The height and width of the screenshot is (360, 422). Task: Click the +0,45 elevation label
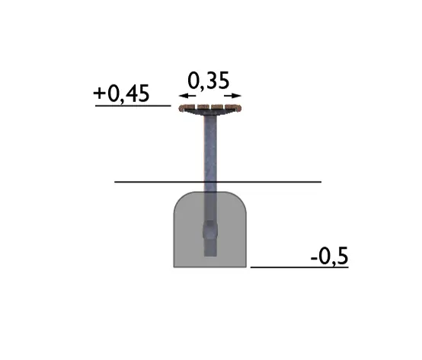121,94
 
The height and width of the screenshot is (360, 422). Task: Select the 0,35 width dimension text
208,81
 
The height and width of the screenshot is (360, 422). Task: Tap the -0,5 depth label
329,256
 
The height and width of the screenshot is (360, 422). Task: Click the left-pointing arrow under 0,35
187,96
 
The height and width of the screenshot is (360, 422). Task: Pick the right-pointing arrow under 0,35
232,96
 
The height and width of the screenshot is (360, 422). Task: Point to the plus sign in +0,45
99,94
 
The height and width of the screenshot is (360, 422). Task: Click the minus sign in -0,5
314,259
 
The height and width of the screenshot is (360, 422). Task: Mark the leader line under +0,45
133,106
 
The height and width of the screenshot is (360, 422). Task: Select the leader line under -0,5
299,267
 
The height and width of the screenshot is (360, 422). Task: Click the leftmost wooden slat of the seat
187,107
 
